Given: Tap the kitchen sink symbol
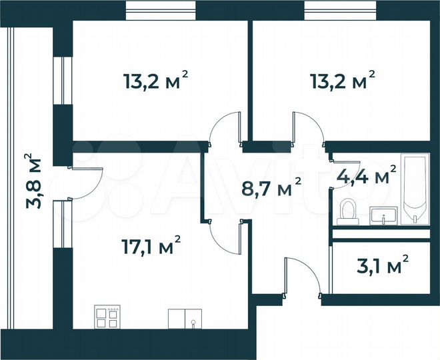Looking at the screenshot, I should (x=185, y=319).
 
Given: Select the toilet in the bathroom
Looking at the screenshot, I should (x=347, y=211).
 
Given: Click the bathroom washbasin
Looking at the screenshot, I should (x=383, y=215).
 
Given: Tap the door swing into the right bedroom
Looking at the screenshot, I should (x=307, y=129).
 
